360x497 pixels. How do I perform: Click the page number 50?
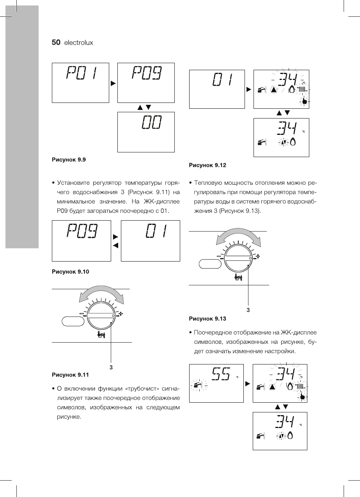tap(56, 43)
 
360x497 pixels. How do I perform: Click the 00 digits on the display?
tap(152, 124)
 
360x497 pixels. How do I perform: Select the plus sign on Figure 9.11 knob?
tap(121, 313)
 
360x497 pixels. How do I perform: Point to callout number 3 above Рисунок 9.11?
tap(111, 367)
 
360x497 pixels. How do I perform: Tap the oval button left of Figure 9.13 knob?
tap(210, 264)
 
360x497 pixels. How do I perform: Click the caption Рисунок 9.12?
tap(207, 165)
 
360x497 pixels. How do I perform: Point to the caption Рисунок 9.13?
tap(207, 318)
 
